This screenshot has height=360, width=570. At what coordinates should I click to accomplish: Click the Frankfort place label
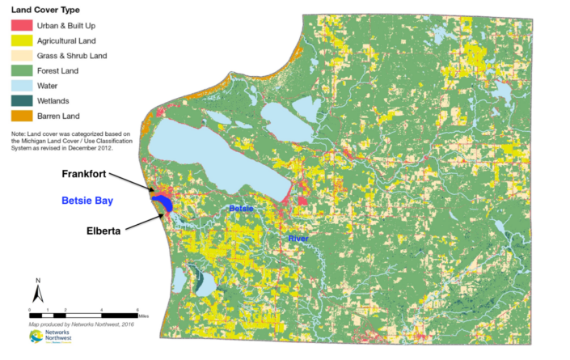[87, 174]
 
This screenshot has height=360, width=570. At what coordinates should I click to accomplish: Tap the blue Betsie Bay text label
[88, 201]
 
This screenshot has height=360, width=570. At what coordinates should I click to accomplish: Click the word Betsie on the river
[240, 209]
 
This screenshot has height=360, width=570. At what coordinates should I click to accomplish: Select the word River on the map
[298, 239]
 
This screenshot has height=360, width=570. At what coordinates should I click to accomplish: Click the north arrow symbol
[37, 290]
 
